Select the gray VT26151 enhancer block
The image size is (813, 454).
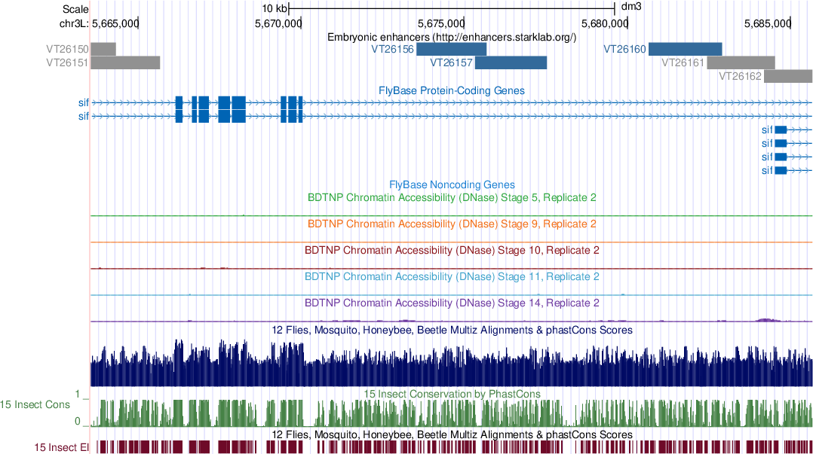coord(125,62)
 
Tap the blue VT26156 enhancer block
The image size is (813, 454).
coord(451,49)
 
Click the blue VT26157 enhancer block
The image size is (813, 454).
coord(511,62)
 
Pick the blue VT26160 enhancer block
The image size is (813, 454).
coord(685,49)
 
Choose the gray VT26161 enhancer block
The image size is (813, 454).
coord(741,62)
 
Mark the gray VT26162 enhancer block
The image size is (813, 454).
coord(788,76)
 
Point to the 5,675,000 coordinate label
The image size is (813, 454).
coord(440,23)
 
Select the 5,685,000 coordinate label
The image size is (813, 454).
coord(766,23)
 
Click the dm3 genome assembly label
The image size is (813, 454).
coord(630,8)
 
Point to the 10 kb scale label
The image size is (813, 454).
coord(275,8)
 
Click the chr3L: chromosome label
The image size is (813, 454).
coord(74,23)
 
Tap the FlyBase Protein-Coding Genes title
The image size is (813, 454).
coord(451,90)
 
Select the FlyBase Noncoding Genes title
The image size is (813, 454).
coord(452,184)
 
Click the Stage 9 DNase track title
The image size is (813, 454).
coord(452,224)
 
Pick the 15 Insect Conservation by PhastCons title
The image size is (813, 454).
coord(452,394)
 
